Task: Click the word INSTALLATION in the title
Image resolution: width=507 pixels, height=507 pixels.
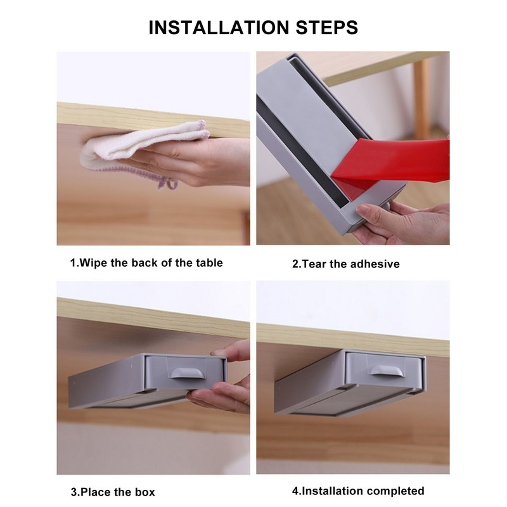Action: (219, 27)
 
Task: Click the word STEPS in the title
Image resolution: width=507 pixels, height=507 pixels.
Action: (327, 27)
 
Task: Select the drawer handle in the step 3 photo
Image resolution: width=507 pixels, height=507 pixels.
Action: (188, 373)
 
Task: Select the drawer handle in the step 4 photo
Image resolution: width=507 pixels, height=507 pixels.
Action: (387, 370)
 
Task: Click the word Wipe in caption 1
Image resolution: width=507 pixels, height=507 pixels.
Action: (93, 263)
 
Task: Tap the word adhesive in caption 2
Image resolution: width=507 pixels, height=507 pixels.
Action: (375, 264)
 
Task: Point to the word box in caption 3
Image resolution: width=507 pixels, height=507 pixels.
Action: (145, 492)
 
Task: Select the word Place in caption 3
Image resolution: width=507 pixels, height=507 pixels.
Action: (96, 492)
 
